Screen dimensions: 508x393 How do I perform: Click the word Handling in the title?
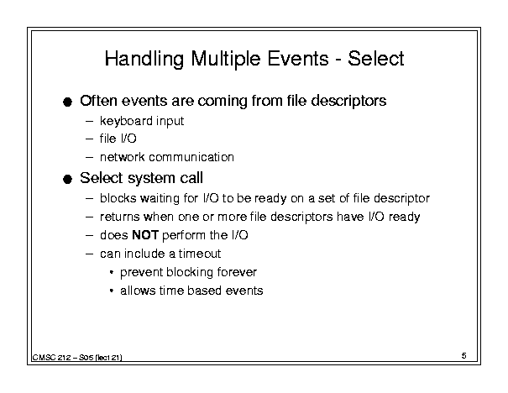tap(144, 59)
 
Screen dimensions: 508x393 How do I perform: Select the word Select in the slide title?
tap(376, 59)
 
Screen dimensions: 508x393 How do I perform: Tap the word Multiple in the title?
tap(226, 59)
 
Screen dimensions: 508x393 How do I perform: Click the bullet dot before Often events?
tap(67, 102)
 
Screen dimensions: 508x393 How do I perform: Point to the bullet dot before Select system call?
tap(67, 179)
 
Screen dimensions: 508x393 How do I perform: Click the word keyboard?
tap(126, 121)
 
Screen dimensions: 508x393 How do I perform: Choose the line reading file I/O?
tap(118, 139)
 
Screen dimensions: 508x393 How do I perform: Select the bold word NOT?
tap(145, 235)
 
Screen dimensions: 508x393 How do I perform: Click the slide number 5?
tap(464, 356)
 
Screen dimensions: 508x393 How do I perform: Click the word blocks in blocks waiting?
tap(118, 198)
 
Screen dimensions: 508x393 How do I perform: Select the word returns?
tap(119, 217)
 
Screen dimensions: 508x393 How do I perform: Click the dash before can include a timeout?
tap(89, 254)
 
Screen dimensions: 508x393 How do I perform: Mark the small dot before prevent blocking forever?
tap(112, 272)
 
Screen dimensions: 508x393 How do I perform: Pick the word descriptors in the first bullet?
tap(348, 101)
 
